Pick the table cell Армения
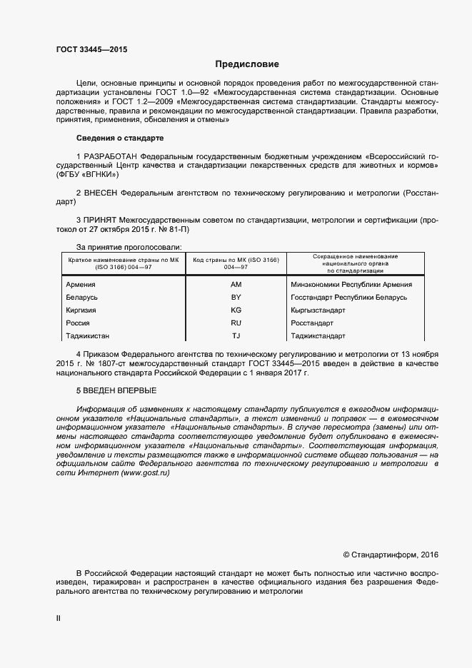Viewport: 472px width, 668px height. coord(81,284)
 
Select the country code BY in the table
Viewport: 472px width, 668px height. coord(236,297)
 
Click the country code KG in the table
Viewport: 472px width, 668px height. coord(236,310)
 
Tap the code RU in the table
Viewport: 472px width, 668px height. coord(236,323)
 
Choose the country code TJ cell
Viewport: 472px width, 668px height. coord(236,336)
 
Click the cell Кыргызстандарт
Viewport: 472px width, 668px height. coord(318,310)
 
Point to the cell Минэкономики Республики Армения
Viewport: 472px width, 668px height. coord(351,284)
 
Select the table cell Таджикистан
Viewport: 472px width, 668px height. coord(88,336)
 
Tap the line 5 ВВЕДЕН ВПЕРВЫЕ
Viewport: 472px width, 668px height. coord(116,390)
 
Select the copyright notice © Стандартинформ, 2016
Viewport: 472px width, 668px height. coord(391,554)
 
